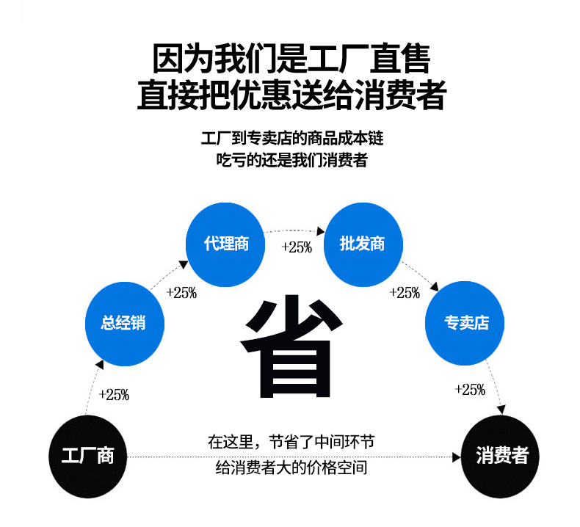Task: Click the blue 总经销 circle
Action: pos(124,322)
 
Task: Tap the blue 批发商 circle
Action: pos(363,243)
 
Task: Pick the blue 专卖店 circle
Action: pos(465,322)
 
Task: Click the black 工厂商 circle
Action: pos(87,456)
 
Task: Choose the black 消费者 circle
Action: pos(501,456)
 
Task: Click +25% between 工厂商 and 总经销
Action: pos(113,395)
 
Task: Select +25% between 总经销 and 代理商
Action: pos(181,293)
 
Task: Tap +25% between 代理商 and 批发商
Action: pos(297,247)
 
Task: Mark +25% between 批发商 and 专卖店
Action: pos(404,293)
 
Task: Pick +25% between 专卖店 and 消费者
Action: pos(470,390)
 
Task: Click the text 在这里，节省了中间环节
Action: pos(291,443)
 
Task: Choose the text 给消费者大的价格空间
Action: pos(291,468)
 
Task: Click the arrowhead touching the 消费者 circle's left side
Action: pos(456,457)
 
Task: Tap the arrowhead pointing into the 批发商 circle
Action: pos(320,229)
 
